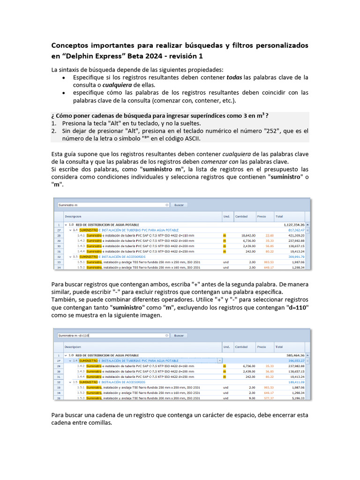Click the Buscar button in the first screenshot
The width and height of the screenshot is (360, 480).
(179, 205)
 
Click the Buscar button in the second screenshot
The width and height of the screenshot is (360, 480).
(179, 336)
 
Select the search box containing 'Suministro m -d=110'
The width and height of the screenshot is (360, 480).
(112, 336)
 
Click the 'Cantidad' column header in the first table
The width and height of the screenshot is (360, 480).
(241, 217)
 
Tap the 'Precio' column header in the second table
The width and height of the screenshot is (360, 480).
(262, 347)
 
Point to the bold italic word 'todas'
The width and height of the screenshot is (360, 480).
(234, 77)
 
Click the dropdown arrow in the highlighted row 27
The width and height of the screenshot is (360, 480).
(220, 360)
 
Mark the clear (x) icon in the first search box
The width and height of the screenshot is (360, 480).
(167, 205)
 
